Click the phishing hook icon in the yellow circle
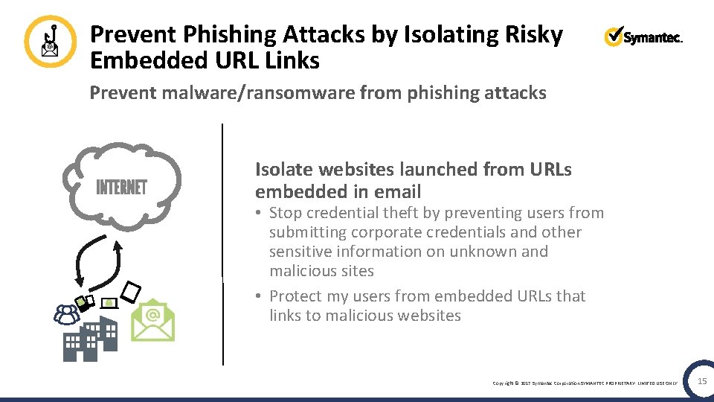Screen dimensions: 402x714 50,42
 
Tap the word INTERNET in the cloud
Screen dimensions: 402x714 122,187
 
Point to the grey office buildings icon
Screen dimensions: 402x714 90,339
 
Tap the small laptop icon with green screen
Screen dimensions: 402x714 109,303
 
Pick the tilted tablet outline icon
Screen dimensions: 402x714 130,292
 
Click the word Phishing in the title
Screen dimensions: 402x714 231,34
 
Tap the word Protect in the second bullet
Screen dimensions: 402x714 296,296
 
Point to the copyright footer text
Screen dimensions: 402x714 585,383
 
